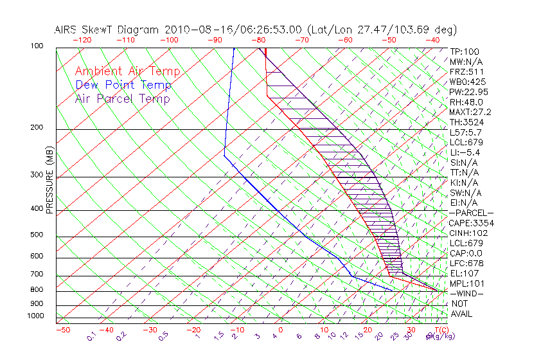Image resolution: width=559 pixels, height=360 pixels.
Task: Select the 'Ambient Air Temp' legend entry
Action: tap(127, 71)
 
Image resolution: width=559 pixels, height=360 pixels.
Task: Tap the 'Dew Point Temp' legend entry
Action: tap(123, 85)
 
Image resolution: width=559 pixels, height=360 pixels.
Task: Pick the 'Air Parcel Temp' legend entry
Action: tap(123, 99)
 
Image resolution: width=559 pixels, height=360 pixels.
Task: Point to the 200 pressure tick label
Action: tap(37, 127)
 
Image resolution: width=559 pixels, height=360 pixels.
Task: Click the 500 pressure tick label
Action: tap(37, 235)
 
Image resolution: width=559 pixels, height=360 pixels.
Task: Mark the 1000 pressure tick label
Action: tap(35, 316)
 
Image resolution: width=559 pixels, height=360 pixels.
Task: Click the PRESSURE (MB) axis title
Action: tap(49, 179)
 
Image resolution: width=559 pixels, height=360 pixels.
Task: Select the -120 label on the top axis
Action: tap(82, 40)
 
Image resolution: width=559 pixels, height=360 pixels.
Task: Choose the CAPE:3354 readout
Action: tap(471, 223)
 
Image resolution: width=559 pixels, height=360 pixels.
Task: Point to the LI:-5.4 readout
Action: tap(465, 152)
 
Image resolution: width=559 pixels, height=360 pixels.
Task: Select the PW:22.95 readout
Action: tap(468, 92)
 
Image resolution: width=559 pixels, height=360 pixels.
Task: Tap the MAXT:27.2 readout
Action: tap(470, 113)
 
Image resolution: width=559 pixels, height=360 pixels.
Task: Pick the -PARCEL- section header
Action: tap(471, 213)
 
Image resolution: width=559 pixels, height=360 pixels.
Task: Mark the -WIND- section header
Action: tap(466, 294)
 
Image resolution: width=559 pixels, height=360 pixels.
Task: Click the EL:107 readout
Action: tap(463, 273)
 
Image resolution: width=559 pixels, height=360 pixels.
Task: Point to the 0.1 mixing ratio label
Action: tap(91, 336)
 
